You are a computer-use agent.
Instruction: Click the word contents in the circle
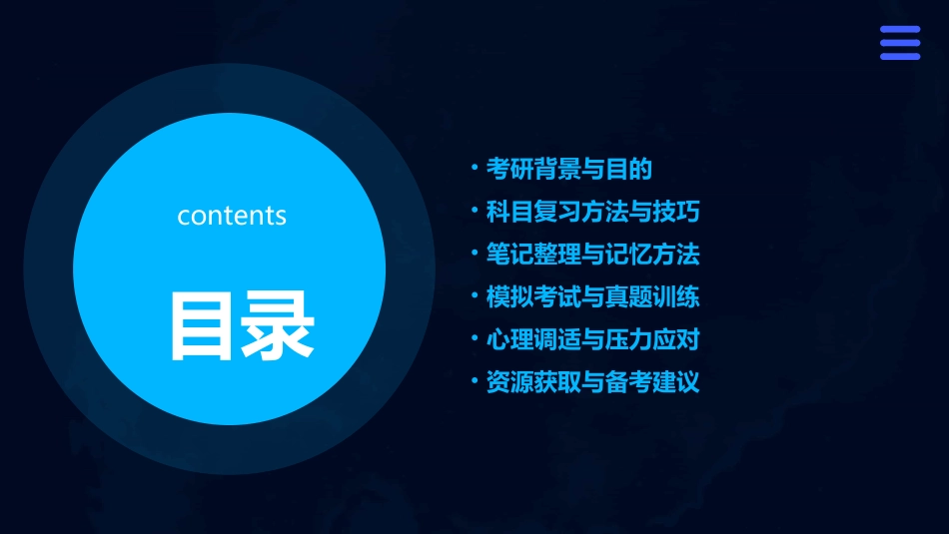pos(232,216)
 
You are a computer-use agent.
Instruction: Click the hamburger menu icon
pos(899,44)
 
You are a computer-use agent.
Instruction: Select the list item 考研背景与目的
pos(568,169)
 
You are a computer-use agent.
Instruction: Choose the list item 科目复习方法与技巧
pos(592,212)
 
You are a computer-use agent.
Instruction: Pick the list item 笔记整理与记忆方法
pos(592,255)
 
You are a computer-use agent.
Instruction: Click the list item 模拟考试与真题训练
pos(592,297)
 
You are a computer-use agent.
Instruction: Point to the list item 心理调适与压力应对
pos(592,339)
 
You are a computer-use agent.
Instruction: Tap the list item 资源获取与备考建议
pos(592,382)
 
